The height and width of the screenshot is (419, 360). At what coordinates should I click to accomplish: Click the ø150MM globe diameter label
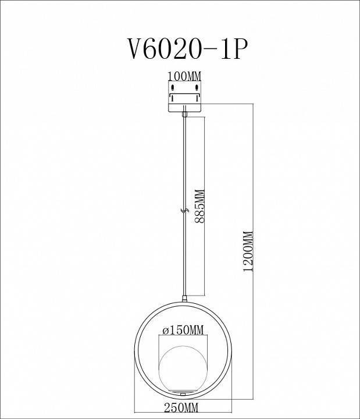pyautogui.click(x=183, y=331)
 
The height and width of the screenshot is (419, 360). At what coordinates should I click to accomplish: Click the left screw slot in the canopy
pyautogui.click(x=172, y=89)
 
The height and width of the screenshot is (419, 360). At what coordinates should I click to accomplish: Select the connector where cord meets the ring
pyautogui.click(x=184, y=300)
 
